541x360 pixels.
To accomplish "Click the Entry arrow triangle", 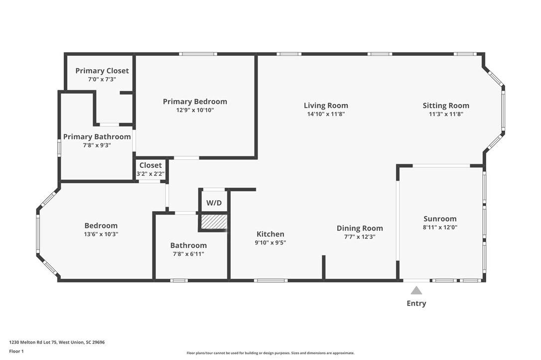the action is (x=416, y=290).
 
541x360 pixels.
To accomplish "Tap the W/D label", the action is (x=214, y=203).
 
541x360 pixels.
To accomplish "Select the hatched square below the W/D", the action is (x=214, y=222).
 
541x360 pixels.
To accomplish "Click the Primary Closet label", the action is (x=102, y=71).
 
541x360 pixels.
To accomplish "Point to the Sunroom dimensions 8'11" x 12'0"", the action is (x=440, y=227).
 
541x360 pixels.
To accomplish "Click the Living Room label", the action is (x=326, y=106).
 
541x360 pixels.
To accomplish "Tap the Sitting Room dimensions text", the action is (x=446, y=114).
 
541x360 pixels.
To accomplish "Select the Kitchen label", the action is (x=270, y=234).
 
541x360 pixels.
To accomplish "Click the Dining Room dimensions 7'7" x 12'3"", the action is (x=360, y=237).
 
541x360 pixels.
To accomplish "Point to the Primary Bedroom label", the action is (x=195, y=102).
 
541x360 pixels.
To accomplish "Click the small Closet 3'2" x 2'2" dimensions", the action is (x=150, y=174).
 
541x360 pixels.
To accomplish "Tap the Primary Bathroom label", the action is (x=97, y=137).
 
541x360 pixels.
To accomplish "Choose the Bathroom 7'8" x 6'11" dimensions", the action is (x=188, y=254).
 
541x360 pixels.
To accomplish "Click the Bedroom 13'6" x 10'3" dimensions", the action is (x=101, y=234).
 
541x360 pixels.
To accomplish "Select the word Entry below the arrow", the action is (x=416, y=303).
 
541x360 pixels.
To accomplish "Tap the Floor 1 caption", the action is (x=16, y=352).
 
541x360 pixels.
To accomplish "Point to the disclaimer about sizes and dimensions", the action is (x=270, y=353).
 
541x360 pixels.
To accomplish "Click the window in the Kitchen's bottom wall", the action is (x=271, y=280).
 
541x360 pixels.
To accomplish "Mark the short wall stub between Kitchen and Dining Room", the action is (x=324, y=267).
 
